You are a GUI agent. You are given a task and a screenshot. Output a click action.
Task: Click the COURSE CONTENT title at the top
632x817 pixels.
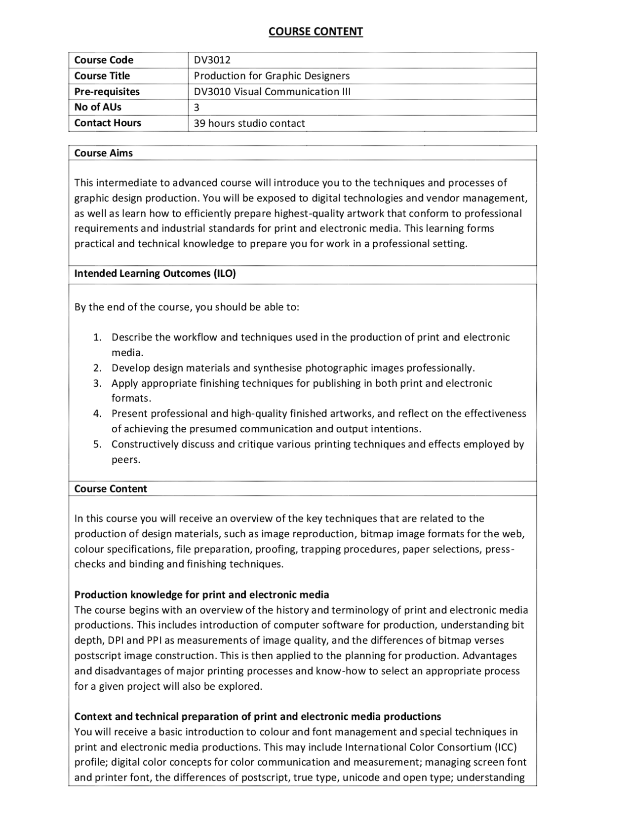316,32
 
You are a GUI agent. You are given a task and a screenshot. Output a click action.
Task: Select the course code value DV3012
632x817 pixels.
212,60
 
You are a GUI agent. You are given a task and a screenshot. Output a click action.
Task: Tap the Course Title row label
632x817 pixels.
102,76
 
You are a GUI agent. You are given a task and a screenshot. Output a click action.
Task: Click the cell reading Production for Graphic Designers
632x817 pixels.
272,76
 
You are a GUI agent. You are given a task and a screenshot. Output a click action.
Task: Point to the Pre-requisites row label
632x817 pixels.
107,92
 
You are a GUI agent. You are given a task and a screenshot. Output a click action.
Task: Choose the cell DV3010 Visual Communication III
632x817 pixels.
272,92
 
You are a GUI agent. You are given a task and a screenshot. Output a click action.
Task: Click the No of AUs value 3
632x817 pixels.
197,108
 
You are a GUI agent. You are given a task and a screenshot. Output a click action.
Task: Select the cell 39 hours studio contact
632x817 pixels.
249,123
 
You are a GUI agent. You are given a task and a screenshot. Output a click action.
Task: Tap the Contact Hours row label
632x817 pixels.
107,123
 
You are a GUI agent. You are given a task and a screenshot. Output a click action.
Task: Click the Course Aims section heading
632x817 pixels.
103,153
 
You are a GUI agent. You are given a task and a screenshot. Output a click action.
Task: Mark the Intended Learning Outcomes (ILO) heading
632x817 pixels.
155,274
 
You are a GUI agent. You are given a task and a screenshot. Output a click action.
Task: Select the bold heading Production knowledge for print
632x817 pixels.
201,594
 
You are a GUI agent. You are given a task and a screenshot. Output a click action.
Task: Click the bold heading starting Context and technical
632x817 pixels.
257,716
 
